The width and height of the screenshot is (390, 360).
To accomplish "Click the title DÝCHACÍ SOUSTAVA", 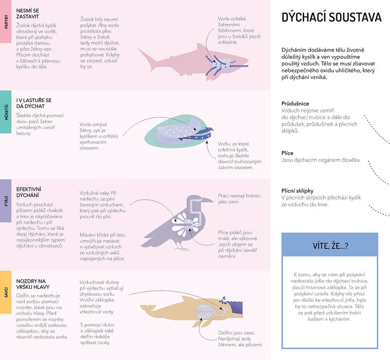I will (x=331, y=18).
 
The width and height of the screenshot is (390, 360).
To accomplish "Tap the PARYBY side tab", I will (x=5, y=22).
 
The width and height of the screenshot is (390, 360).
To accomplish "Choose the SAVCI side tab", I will (x=5, y=292).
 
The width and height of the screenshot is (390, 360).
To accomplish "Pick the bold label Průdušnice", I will (x=295, y=103).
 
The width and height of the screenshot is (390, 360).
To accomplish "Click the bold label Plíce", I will (x=287, y=153).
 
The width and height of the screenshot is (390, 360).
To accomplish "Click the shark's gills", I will (x=220, y=65).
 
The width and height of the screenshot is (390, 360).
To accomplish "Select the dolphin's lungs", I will (x=207, y=311).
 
